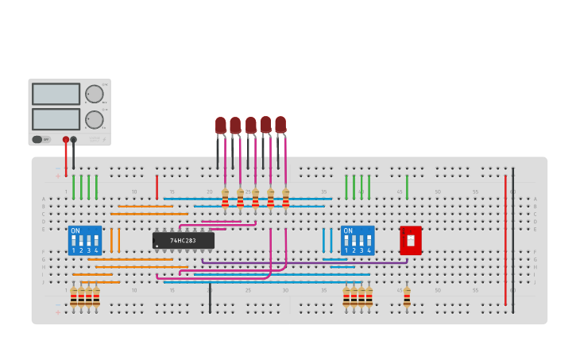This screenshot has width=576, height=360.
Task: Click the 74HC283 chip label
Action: coord(184,240)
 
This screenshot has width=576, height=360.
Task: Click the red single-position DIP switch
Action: coord(411,240)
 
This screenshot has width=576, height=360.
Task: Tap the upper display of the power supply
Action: coord(56,94)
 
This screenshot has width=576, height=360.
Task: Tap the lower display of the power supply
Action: coord(56,119)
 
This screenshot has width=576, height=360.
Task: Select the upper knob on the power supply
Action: coord(95,94)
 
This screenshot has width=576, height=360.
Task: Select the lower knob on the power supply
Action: coord(95,120)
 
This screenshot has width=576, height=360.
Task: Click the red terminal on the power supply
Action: coord(66,139)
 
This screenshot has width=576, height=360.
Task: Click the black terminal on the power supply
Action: coord(74,139)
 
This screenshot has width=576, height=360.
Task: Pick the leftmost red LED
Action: coord(221,126)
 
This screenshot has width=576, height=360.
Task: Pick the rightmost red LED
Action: coord(280,125)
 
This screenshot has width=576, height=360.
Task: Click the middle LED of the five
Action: coord(251,126)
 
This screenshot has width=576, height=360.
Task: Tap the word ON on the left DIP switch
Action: coord(75,231)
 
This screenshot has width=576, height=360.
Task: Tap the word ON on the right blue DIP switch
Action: coord(348,231)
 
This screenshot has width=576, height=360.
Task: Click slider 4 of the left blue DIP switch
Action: coord(96,240)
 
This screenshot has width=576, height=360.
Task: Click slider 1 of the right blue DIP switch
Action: coord(346,240)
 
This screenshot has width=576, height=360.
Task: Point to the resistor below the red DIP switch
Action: coord(407,296)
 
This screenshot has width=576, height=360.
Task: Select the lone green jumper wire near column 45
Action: coord(407,188)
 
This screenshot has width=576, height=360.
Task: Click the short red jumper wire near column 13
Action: coord(157,188)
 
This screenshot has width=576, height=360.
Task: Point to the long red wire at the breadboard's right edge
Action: coord(505,238)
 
